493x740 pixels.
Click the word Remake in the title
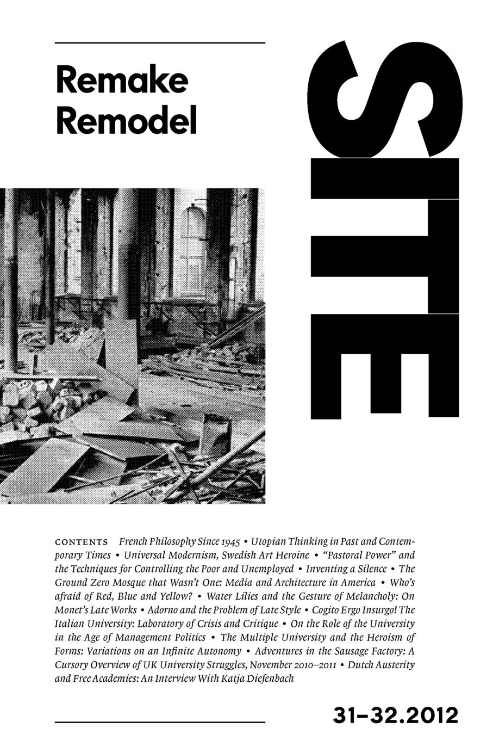coord(122,81)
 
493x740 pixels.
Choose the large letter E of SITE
coord(385,370)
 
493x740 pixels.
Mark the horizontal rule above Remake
coord(160,42)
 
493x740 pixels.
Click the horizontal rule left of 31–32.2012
coord(160,722)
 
